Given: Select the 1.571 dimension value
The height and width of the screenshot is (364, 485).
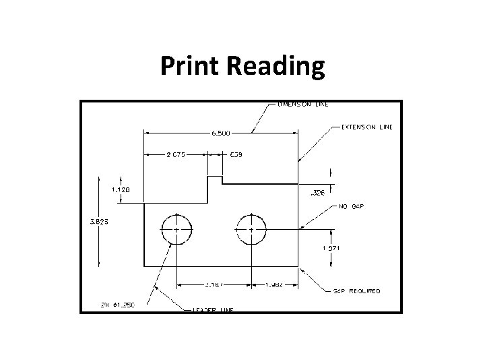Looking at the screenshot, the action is coord(330,248).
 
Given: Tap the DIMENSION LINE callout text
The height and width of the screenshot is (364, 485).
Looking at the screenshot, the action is coord(304,104).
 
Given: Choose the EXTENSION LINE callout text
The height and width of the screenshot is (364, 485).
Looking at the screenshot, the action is coord(367,127).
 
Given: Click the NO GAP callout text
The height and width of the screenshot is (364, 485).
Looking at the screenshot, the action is coord(352,207).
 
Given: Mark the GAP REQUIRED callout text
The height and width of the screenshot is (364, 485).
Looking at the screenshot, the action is coord(357,291).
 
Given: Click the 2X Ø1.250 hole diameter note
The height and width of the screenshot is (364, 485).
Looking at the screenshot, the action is coord(119,305).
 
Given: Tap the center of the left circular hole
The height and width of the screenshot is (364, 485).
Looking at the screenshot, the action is coord(176,229).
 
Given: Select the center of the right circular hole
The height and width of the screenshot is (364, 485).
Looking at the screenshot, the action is coord(251,229).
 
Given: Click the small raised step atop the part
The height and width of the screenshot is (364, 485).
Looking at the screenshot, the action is coord(214,180).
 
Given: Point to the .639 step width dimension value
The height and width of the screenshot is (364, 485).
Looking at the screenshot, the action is coord(236,154).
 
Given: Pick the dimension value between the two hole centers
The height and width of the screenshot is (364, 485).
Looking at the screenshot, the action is coord(214,284).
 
